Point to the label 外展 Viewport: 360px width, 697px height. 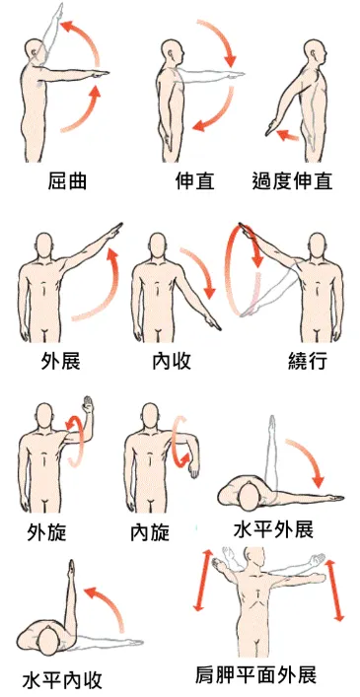[60, 361]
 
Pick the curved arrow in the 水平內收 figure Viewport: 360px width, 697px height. [106, 601]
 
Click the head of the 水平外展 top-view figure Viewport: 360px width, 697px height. [247, 489]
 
